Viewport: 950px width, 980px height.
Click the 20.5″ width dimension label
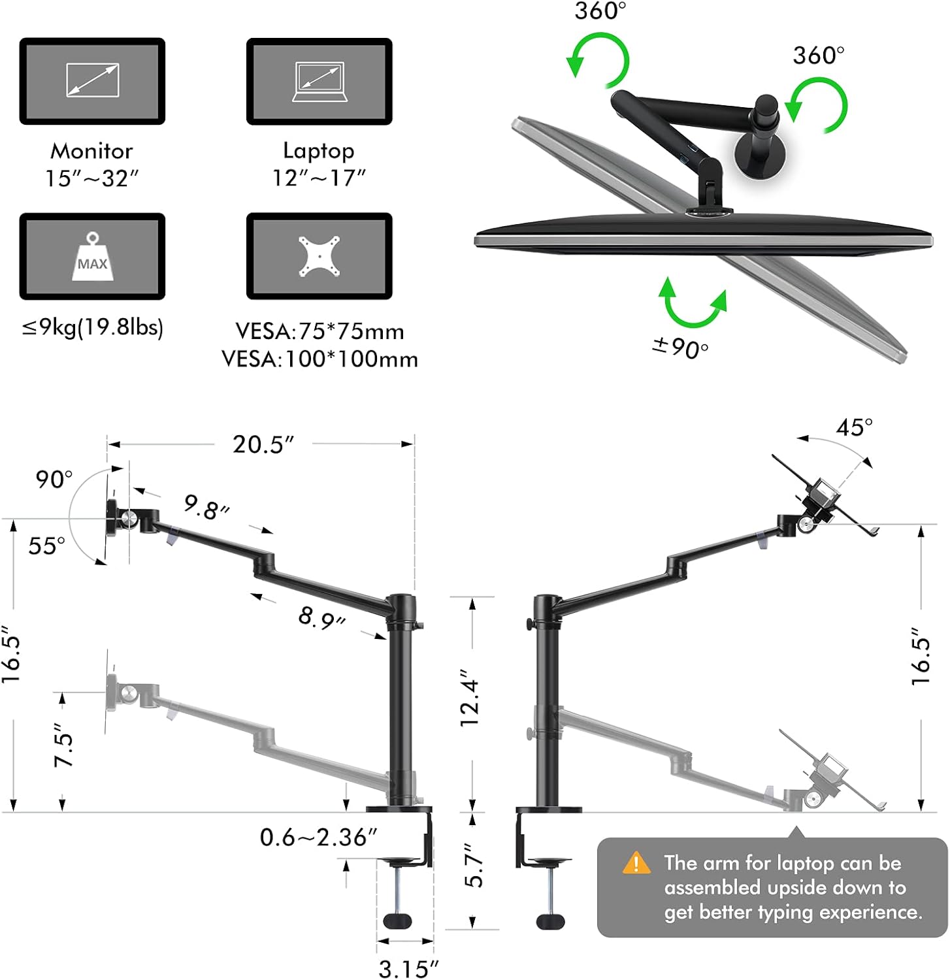(263, 444)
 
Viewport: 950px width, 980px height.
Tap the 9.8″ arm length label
(206, 506)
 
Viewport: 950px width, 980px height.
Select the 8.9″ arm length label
(321, 617)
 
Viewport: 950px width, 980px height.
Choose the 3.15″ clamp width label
(408, 968)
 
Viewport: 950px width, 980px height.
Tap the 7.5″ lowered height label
(63, 745)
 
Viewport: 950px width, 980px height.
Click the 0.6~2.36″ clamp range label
(318, 837)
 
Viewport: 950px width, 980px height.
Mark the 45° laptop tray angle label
(854, 427)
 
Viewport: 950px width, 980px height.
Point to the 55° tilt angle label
(46, 546)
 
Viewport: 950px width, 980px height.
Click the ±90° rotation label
(680, 347)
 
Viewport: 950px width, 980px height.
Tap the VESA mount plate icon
(319, 256)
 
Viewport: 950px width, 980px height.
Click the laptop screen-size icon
(319, 82)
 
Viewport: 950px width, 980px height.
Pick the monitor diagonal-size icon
(92, 81)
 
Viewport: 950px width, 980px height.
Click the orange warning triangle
(636, 863)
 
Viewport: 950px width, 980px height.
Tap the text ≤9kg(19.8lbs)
(92, 326)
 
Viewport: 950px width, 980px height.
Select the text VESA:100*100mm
(319, 359)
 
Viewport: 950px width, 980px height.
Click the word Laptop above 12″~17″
(319, 150)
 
